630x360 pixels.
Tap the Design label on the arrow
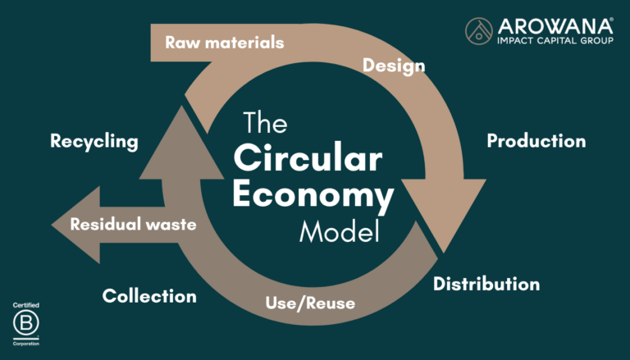coord(394,65)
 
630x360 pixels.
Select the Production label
coord(536,141)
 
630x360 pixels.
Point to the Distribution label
coord(486,285)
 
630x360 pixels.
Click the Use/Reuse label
coord(310,303)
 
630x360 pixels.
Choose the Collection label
coord(149,296)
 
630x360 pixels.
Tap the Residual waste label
coord(133,223)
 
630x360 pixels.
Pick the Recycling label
coord(94,141)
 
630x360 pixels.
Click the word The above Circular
coord(265,125)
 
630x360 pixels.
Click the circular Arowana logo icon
coord(479,31)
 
